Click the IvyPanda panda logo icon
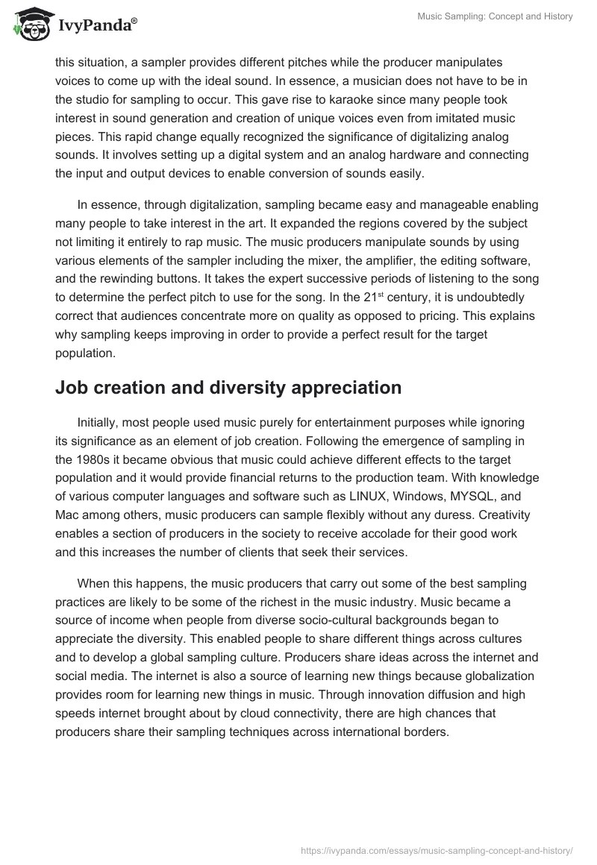pos(30,25)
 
